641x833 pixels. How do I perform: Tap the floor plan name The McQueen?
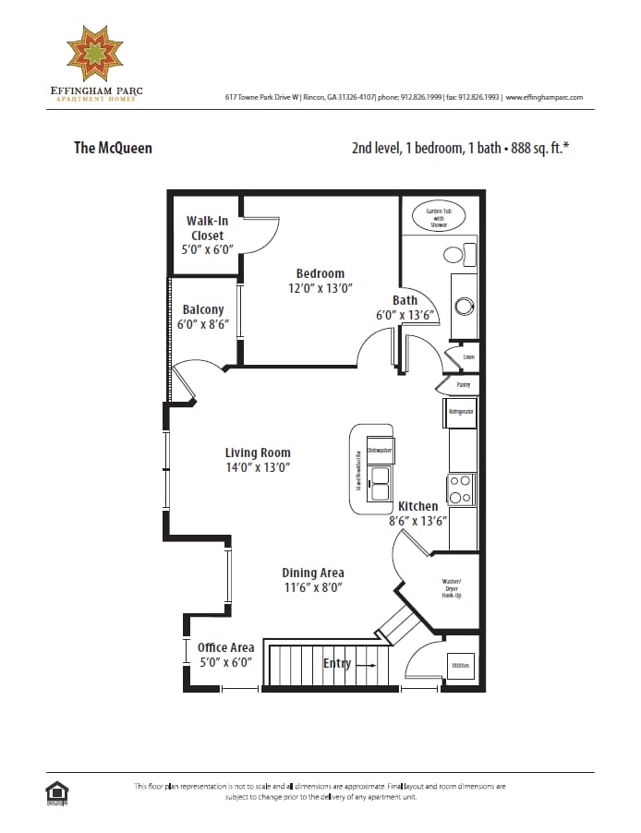tap(113, 147)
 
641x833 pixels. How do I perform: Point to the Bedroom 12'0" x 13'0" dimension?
tap(320, 288)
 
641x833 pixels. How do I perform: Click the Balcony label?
tap(202, 310)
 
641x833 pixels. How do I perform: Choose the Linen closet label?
tap(468, 357)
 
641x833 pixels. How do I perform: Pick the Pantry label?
tap(464, 384)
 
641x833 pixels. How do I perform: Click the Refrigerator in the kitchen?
tap(462, 411)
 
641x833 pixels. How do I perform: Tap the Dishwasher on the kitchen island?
tap(380, 450)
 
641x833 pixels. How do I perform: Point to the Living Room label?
tap(258, 453)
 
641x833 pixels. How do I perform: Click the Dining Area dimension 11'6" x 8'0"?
tap(313, 587)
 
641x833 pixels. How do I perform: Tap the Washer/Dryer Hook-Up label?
tap(451, 588)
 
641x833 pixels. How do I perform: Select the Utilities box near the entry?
tap(459, 665)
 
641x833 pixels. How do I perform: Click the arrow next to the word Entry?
tap(366, 664)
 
